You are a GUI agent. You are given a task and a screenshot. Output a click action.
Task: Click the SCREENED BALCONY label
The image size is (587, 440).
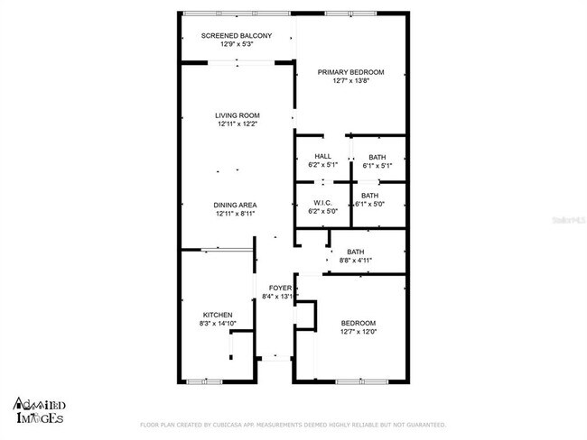pos(238,35)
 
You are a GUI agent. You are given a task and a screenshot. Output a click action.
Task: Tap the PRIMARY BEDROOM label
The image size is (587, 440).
pos(350,72)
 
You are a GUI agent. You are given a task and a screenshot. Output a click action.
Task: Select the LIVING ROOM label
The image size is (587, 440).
pos(238,115)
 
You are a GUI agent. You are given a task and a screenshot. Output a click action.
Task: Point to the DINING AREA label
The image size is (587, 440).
pos(237,206)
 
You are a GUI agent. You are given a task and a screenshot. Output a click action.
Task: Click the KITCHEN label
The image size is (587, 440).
pos(218,315)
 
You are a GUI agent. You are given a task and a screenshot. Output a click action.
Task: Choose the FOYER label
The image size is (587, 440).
pos(279,288)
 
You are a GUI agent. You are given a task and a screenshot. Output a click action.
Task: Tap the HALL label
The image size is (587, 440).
pos(322,157)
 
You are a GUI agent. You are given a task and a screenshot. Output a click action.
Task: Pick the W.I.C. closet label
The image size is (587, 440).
pos(322,202)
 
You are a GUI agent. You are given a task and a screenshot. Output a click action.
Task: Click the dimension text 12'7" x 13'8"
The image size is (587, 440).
pos(350,81)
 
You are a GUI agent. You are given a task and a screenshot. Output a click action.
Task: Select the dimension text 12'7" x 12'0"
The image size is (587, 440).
pos(358,331)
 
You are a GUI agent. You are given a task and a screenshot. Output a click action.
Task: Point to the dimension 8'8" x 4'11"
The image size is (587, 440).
pos(356,261)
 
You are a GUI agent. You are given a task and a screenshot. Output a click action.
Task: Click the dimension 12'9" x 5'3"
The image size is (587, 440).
pos(237,43)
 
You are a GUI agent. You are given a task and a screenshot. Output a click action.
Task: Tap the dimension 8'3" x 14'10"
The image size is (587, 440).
pos(218,323)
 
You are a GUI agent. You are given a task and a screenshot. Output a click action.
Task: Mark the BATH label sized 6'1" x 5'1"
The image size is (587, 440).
pos(377,157)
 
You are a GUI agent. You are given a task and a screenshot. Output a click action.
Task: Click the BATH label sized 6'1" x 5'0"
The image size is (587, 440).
pos(370,196)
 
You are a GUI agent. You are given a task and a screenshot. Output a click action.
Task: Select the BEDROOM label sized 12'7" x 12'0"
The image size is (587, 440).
pos(358,323)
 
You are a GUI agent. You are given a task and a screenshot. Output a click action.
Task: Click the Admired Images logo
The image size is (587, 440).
pos(39,410)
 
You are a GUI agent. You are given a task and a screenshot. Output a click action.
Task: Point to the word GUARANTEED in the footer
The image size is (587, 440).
pos(424,425)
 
